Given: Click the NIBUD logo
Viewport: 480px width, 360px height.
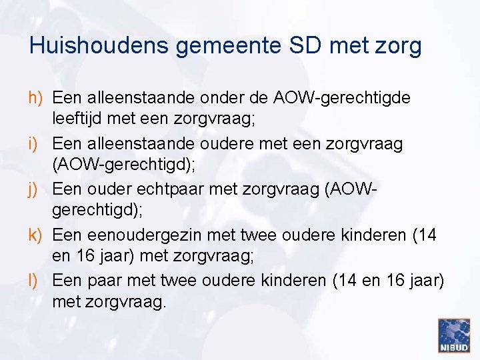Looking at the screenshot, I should (454, 335).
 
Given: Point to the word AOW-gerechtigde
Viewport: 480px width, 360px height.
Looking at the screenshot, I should (342, 98).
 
